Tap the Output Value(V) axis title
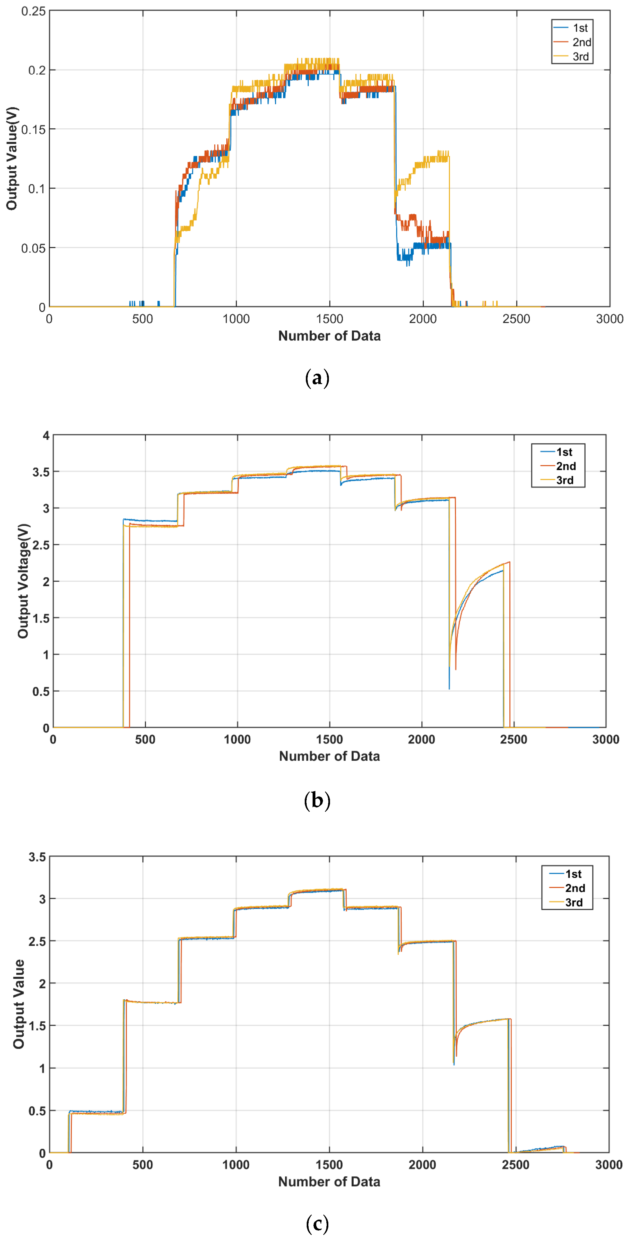click(x=12, y=158)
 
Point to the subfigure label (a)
click(x=317, y=378)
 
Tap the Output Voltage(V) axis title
click(x=23, y=581)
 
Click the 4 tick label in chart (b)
click(x=46, y=435)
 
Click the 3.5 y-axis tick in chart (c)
click(x=37, y=857)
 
